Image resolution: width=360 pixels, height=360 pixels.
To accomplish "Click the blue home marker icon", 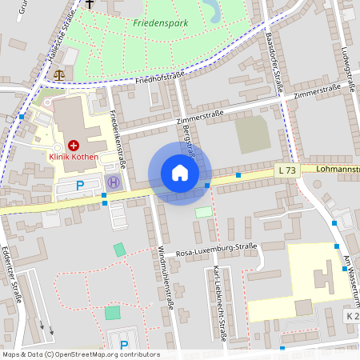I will (179, 173).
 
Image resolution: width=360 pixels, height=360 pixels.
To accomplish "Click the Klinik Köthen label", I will (74, 157).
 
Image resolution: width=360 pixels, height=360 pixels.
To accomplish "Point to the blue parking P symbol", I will (79, 186).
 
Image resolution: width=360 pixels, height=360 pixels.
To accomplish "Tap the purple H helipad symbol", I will (112, 182).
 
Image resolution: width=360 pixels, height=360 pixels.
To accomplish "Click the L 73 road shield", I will (287, 170).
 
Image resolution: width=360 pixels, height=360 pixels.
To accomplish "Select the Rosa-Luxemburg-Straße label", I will (216, 249).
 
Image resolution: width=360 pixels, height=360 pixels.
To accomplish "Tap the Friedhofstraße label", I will (160, 78).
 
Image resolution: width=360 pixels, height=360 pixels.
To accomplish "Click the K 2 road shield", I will (353, 317).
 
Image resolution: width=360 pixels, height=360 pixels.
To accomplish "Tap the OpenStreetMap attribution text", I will (80, 354).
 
